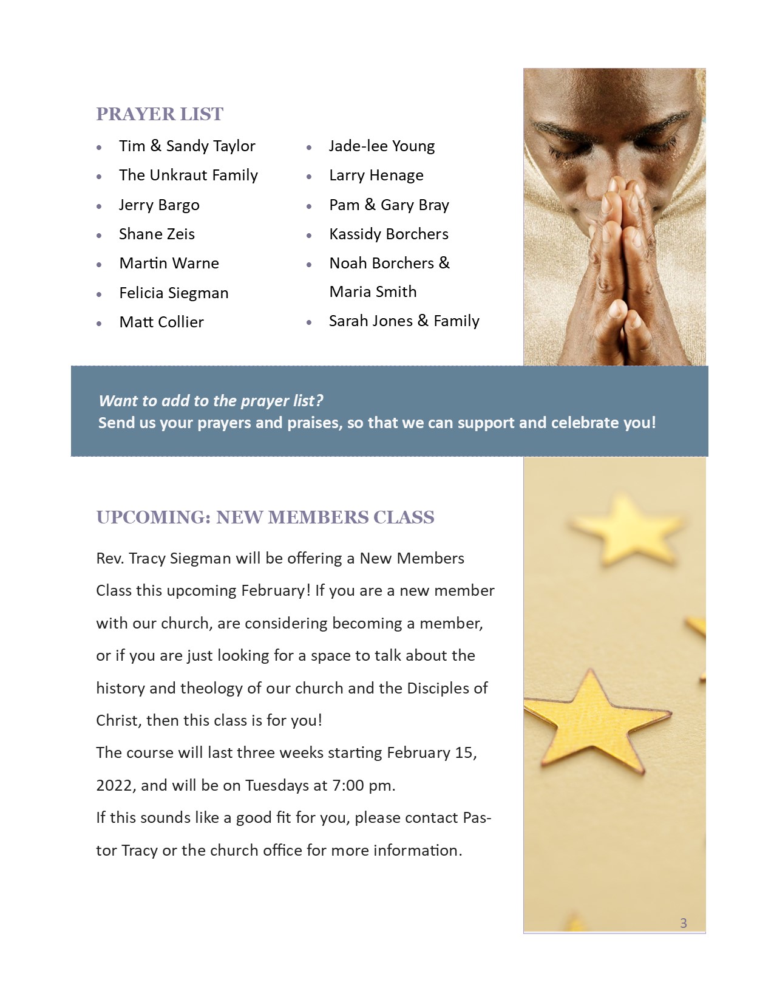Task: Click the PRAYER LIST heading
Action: coord(160,114)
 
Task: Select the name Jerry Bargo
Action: coord(159,205)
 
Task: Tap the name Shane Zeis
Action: coord(157,234)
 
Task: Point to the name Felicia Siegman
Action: coord(174,293)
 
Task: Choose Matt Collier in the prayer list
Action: coord(161,322)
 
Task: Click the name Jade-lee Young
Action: coord(382,146)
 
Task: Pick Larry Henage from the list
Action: coord(376,176)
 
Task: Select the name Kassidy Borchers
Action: coord(389,234)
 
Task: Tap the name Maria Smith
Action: coord(373,292)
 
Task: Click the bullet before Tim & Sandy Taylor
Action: coord(99,148)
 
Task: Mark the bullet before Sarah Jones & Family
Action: coord(309,322)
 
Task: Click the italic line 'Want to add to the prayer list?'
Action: coord(211,401)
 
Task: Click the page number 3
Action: coord(684,924)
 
